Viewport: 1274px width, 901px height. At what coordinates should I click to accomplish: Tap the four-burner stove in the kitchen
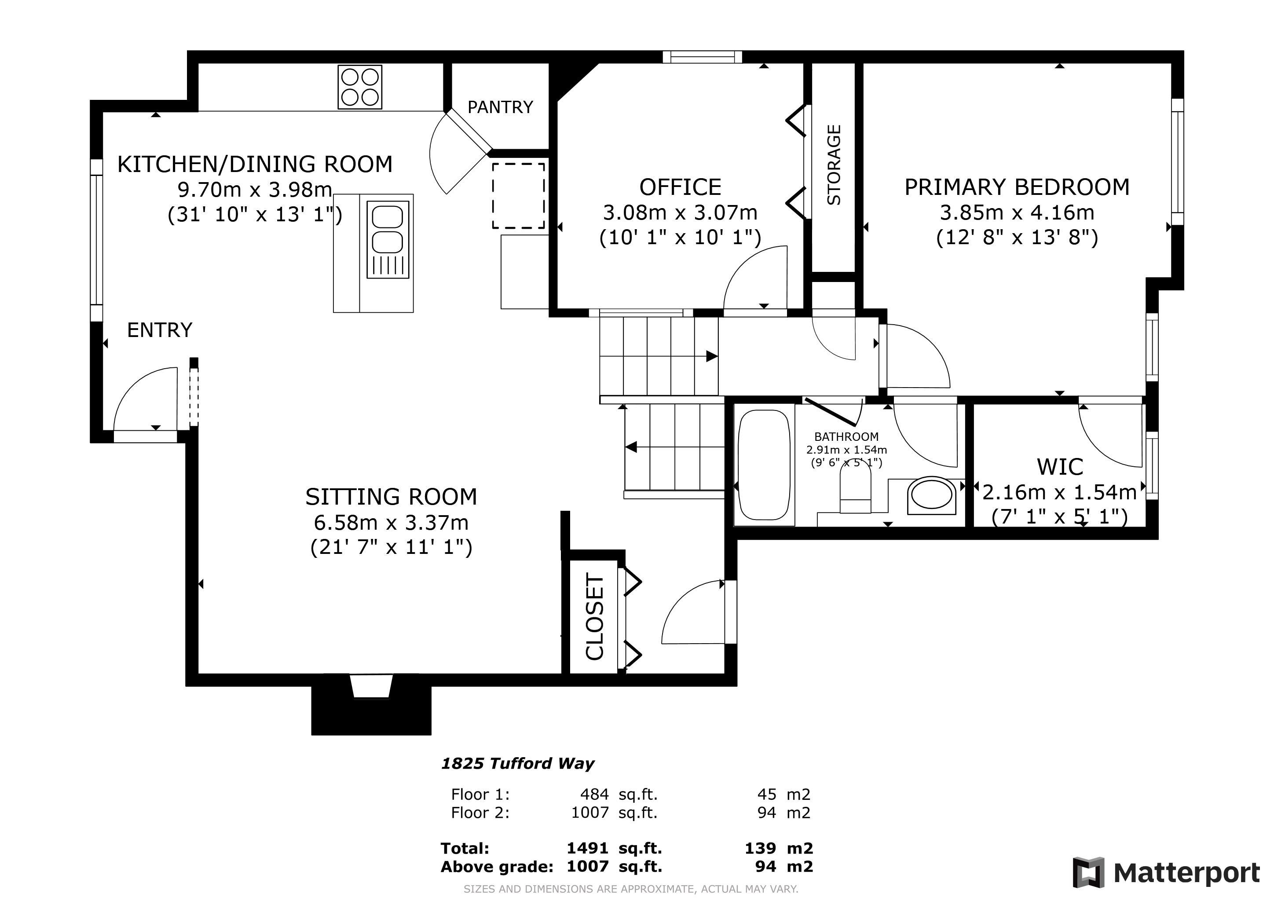359,87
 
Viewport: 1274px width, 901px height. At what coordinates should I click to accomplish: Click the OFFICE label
680,187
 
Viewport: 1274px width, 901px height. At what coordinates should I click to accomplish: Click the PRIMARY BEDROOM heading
1017,187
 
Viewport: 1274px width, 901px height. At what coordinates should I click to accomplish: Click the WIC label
1060,467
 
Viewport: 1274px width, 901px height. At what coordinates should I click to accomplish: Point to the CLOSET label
595,617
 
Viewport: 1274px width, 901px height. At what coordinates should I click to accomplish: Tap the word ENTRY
160,330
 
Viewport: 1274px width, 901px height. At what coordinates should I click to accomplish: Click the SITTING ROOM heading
391,497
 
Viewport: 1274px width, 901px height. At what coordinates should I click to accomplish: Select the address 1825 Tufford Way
517,763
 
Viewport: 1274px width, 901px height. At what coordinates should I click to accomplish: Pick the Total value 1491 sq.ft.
614,848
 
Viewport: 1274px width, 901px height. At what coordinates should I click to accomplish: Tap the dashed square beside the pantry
518,195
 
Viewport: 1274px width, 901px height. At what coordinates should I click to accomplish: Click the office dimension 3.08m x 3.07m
680,212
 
